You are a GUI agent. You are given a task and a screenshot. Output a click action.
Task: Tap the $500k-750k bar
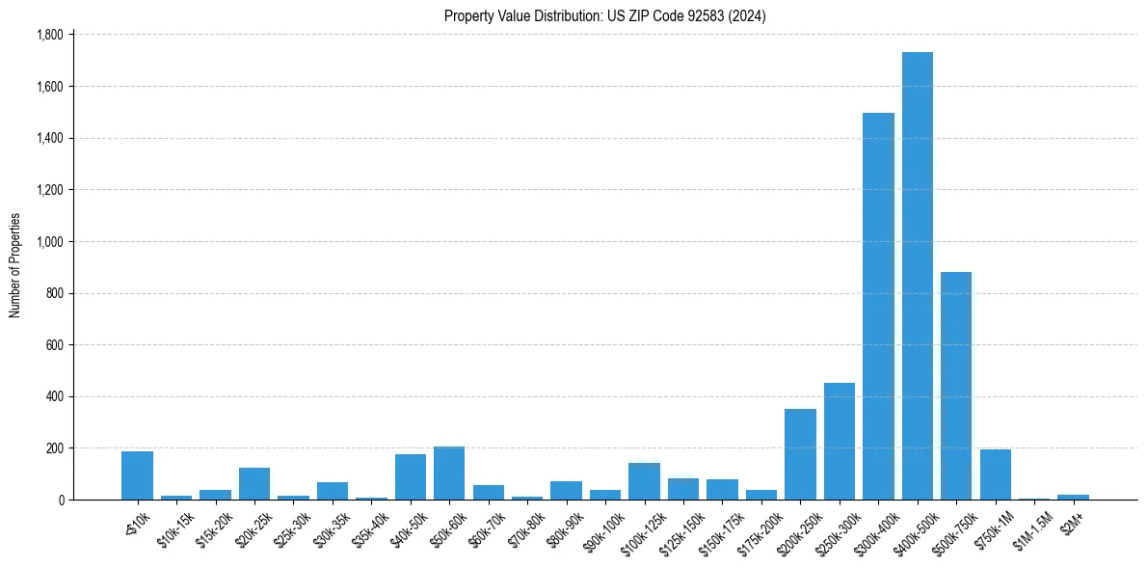(956, 386)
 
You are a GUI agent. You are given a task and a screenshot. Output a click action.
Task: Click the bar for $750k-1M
(995, 474)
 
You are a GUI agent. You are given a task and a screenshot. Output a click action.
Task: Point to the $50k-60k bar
(449, 474)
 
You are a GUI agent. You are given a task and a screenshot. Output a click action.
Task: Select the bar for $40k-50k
(411, 477)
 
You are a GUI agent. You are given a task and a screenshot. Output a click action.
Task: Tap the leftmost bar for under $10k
(137, 475)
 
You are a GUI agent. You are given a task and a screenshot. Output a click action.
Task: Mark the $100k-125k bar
(644, 481)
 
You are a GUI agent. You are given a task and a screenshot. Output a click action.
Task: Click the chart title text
(604, 16)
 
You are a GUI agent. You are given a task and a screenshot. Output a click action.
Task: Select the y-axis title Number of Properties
(15, 265)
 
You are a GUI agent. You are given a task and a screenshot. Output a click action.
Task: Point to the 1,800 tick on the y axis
(49, 35)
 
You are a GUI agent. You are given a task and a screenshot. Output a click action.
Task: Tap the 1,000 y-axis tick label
(49, 242)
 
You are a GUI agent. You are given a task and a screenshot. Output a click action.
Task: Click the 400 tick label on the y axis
(54, 397)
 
